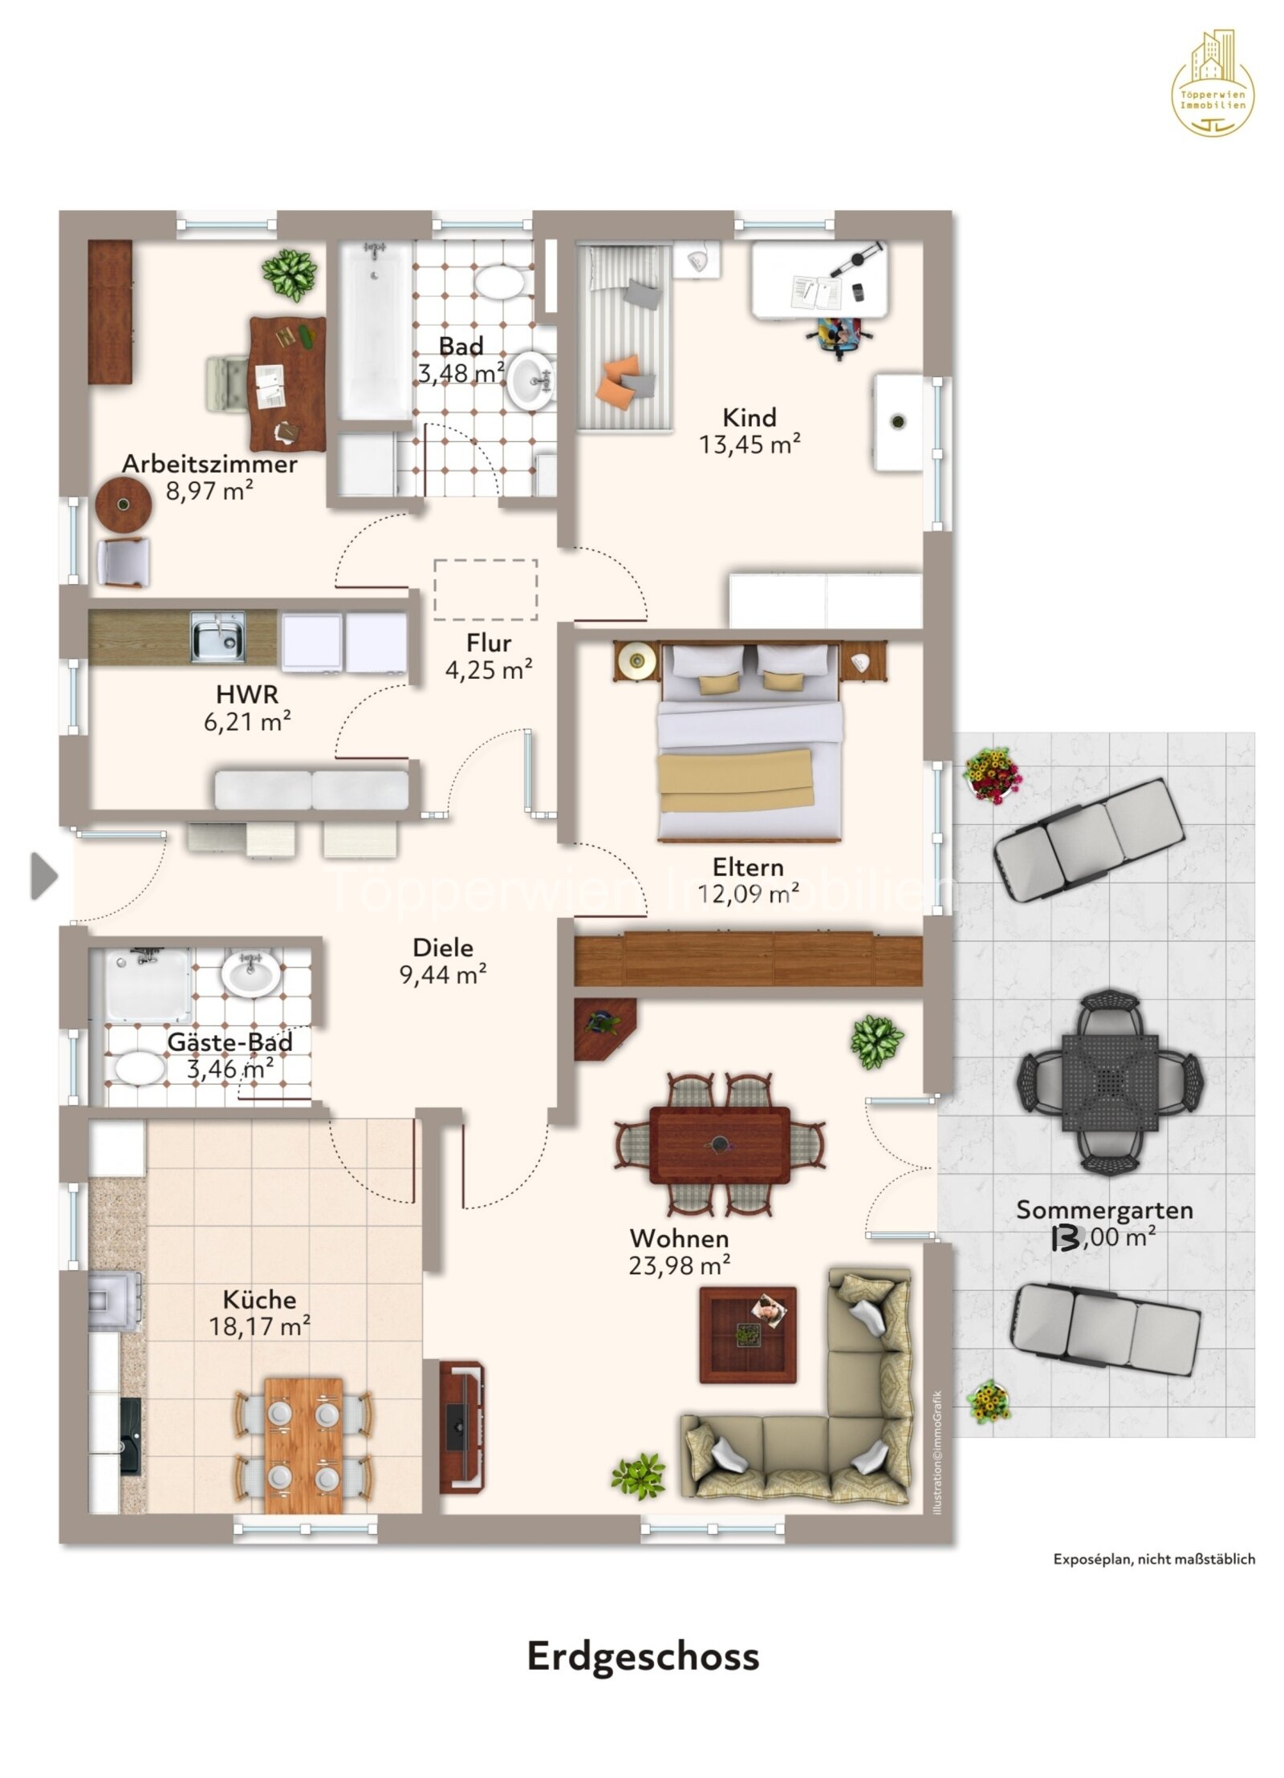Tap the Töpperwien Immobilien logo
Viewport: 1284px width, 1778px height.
tap(1212, 83)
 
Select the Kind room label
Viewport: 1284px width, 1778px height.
tap(749, 417)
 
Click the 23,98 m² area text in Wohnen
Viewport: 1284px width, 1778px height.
tap(679, 1265)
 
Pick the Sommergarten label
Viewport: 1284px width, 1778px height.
tap(1103, 1209)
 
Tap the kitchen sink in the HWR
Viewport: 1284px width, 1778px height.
tap(217, 637)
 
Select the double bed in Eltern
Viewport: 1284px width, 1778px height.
tap(749, 742)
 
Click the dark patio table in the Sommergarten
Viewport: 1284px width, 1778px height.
tap(1110, 1082)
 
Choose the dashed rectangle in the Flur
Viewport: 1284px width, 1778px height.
tap(485, 590)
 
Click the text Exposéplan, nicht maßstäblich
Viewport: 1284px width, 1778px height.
tap(1153, 1558)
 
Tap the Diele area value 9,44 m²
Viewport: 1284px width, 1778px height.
tap(442, 974)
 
